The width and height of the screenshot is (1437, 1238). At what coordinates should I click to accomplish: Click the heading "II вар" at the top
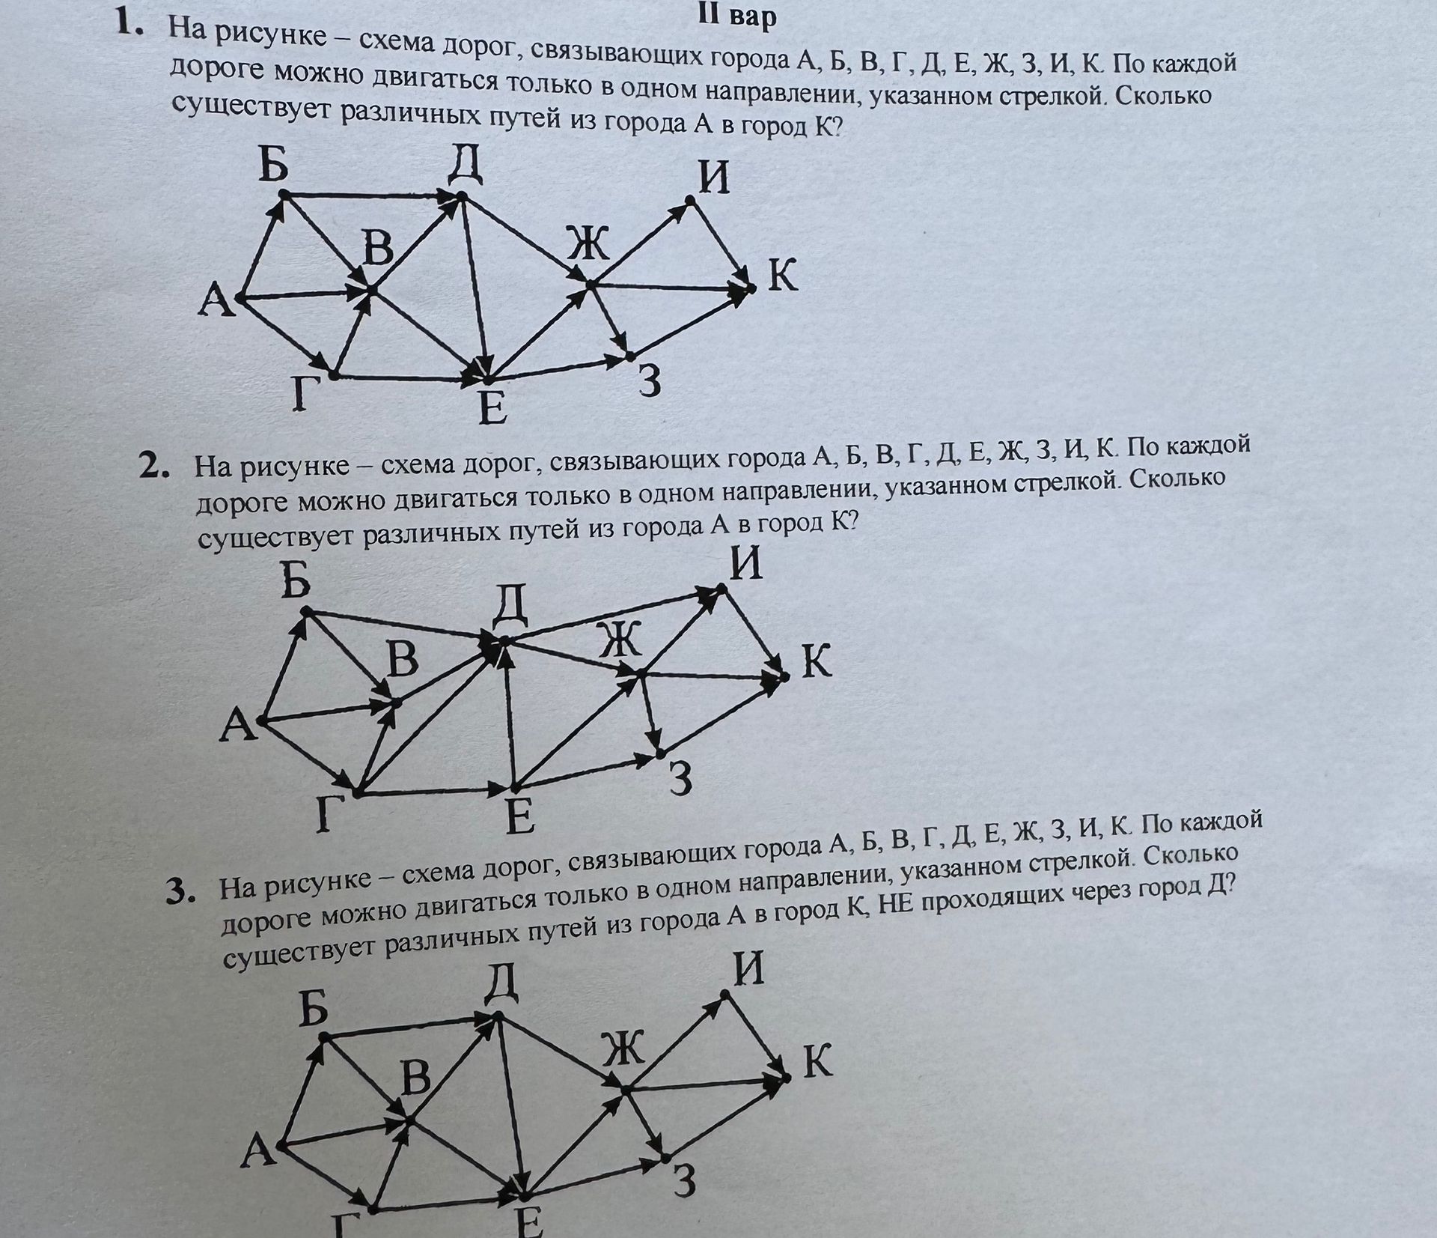coord(736,16)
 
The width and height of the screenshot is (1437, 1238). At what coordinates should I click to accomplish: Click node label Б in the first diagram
coord(273,166)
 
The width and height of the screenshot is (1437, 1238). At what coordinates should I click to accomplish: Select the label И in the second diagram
coord(746,564)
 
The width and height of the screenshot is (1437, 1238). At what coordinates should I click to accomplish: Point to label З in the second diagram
coord(680,779)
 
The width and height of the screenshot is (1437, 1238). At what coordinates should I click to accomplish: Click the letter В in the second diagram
coord(403,661)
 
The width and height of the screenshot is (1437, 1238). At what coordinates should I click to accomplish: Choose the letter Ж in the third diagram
coord(623,1049)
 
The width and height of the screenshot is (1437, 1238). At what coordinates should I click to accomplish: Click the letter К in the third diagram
coord(817,1062)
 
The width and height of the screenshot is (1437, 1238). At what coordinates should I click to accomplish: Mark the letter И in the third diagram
coord(749,969)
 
